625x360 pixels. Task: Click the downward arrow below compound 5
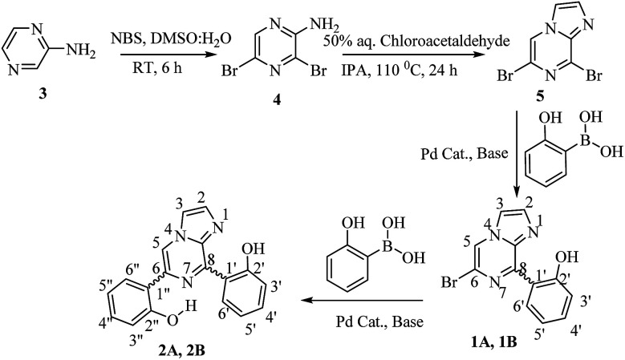click(x=515, y=152)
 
